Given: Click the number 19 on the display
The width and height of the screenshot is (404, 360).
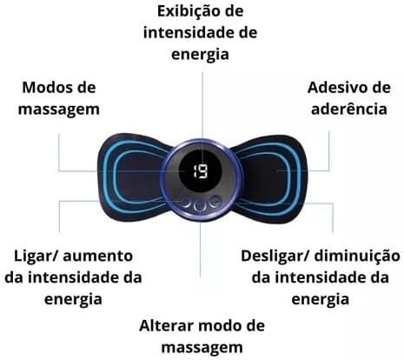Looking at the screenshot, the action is (200, 171).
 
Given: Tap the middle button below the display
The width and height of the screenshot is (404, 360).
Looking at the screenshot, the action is (200, 205).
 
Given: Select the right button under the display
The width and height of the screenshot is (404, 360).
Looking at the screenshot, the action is (215, 202).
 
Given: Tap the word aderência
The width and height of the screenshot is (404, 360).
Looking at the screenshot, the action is (349, 110).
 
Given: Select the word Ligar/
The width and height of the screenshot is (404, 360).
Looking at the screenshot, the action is (36, 257).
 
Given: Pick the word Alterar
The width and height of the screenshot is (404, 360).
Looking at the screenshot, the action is (168, 326).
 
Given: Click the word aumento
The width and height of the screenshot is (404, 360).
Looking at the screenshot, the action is (98, 257).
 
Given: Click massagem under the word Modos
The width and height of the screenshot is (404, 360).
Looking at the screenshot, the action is (59, 110).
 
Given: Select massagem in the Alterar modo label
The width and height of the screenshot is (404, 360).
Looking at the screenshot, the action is (202, 348).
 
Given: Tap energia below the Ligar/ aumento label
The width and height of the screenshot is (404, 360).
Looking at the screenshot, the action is (73, 300).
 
